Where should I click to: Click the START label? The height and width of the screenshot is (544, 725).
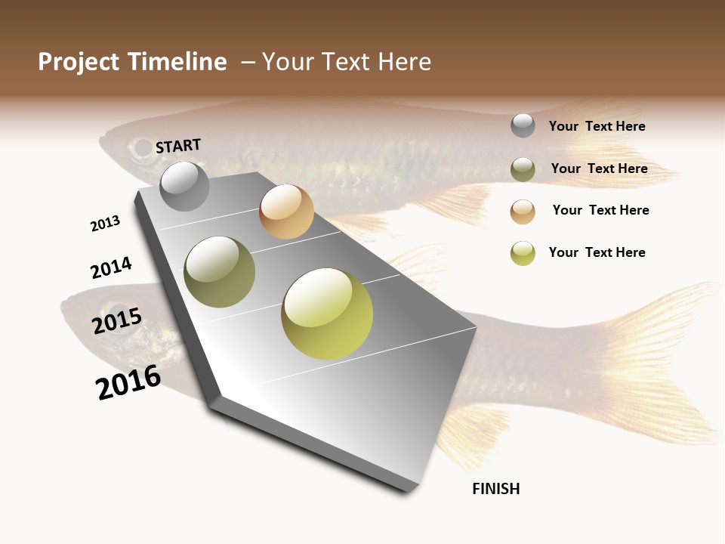pyautogui.click(x=178, y=146)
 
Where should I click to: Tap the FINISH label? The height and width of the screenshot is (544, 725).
pyautogui.click(x=495, y=489)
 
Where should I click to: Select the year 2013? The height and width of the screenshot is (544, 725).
pyautogui.click(x=105, y=224)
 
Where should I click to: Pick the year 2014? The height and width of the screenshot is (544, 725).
pyautogui.click(x=111, y=268)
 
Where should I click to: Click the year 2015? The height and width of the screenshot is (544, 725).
pyautogui.click(x=117, y=321)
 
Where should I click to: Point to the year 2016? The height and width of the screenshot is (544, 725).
pyautogui.click(x=128, y=382)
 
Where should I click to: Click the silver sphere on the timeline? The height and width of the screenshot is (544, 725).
pyautogui.click(x=184, y=186)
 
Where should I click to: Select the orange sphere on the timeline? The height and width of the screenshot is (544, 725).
pyautogui.click(x=286, y=212)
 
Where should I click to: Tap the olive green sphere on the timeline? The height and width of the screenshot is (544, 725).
pyautogui.click(x=219, y=272)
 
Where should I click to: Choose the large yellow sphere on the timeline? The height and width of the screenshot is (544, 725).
pyautogui.click(x=327, y=314)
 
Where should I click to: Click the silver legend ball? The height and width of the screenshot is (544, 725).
pyautogui.click(x=523, y=125)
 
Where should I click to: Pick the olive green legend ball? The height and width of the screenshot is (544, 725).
pyautogui.click(x=523, y=169)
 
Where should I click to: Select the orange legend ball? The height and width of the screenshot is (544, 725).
pyautogui.click(x=523, y=212)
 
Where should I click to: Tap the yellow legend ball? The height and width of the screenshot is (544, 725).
pyautogui.click(x=523, y=253)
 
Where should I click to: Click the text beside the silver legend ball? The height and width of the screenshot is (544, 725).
pyautogui.click(x=597, y=127)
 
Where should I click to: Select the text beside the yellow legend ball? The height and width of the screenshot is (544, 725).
pyautogui.click(x=597, y=252)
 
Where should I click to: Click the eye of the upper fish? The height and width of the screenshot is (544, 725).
pyautogui.click(x=140, y=148)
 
